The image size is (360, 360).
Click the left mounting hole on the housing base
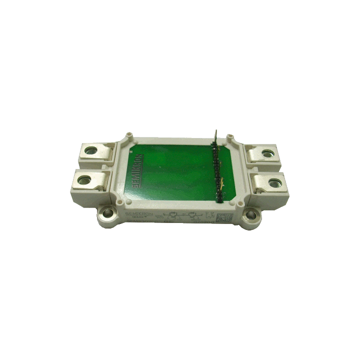coord(105,215)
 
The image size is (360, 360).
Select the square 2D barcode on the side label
coord(222,217)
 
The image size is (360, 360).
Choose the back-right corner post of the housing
coord(230,136)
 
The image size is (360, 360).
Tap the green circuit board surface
coord(175,170)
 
